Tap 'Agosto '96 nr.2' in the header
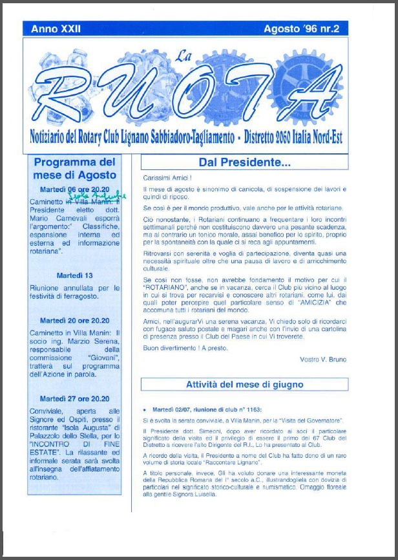(x=306, y=29)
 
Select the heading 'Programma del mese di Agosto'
(x=75, y=168)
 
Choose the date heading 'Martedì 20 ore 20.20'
(x=75, y=320)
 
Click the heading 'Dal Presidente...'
(x=244, y=162)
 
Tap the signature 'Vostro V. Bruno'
(x=323, y=360)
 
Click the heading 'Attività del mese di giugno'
(x=244, y=385)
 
